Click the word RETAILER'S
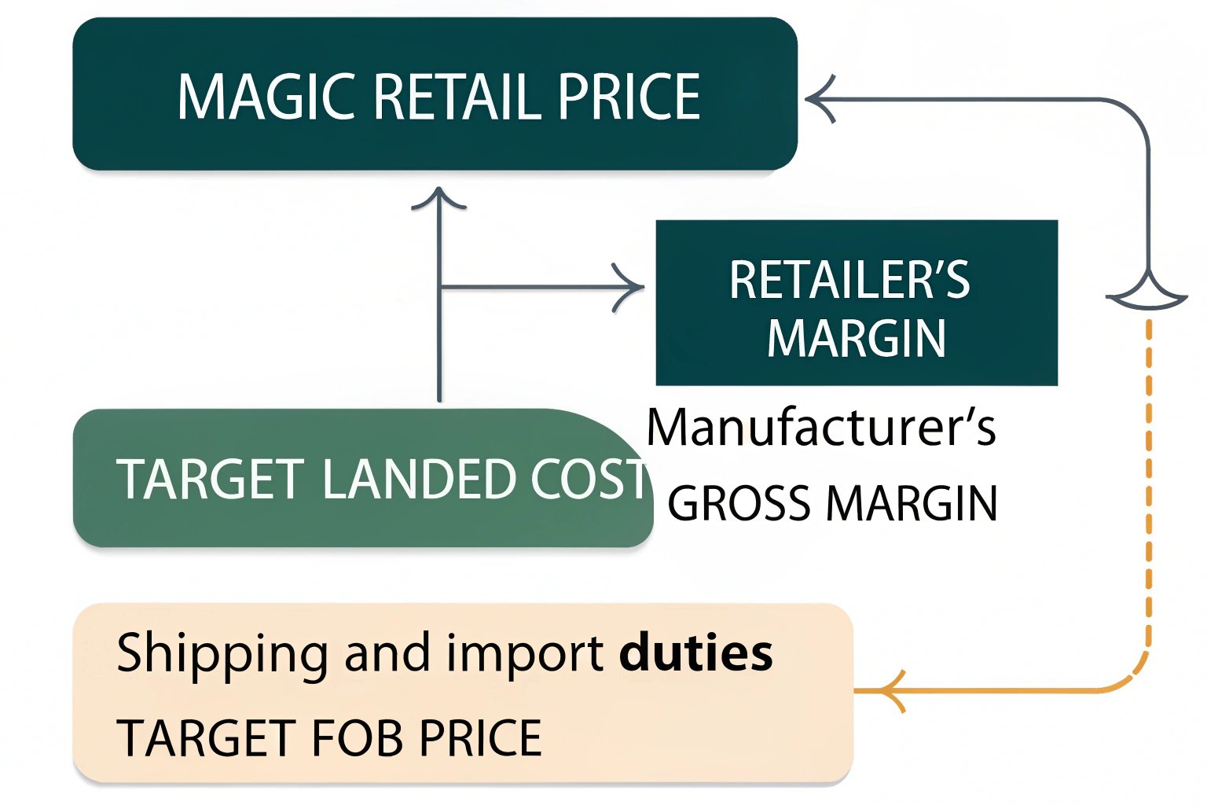click(x=849, y=279)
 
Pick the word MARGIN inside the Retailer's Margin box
click(x=856, y=338)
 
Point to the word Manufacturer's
click(x=821, y=428)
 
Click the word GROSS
click(x=739, y=503)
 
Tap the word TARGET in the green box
click(x=211, y=480)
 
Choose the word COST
click(x=589, y=480)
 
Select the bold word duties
click(x=695, y=652)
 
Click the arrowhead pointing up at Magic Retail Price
click(x=439, y=198)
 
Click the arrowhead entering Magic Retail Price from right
click(x=819, y=99)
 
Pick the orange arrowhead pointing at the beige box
click(x=892, y=691)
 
